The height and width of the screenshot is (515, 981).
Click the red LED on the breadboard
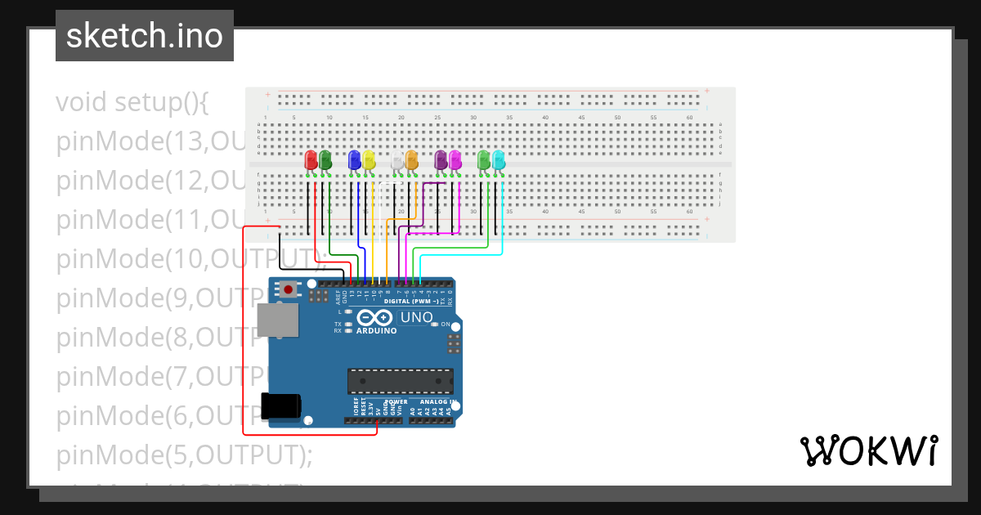tap(311, 160)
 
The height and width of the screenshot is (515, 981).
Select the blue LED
tap(354, 160)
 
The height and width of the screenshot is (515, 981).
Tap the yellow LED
tap(369, 160)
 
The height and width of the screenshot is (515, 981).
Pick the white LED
tap(397, 160)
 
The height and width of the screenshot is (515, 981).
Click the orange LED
tap(411, 160)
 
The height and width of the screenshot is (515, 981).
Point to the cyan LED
tap(499, 160)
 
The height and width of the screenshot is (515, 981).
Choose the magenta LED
tap(455, 160)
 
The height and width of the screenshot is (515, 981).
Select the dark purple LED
tap(441, 160)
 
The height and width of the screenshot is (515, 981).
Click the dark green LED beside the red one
tap(325, 160)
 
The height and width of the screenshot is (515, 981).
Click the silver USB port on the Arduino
tap(278, 320)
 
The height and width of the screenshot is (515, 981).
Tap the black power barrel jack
tap(280, 405)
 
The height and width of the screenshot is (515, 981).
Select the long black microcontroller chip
tap(400, 381)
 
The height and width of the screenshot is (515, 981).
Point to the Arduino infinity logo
tap(375, 318)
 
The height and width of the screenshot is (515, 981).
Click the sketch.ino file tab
tap(145, 36)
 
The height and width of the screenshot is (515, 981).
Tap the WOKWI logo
tap(867, 450)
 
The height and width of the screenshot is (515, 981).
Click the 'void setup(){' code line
tap(133, 102)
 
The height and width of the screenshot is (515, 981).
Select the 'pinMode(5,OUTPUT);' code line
tap(184, 455)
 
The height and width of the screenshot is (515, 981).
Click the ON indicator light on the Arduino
tap(434, 325)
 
